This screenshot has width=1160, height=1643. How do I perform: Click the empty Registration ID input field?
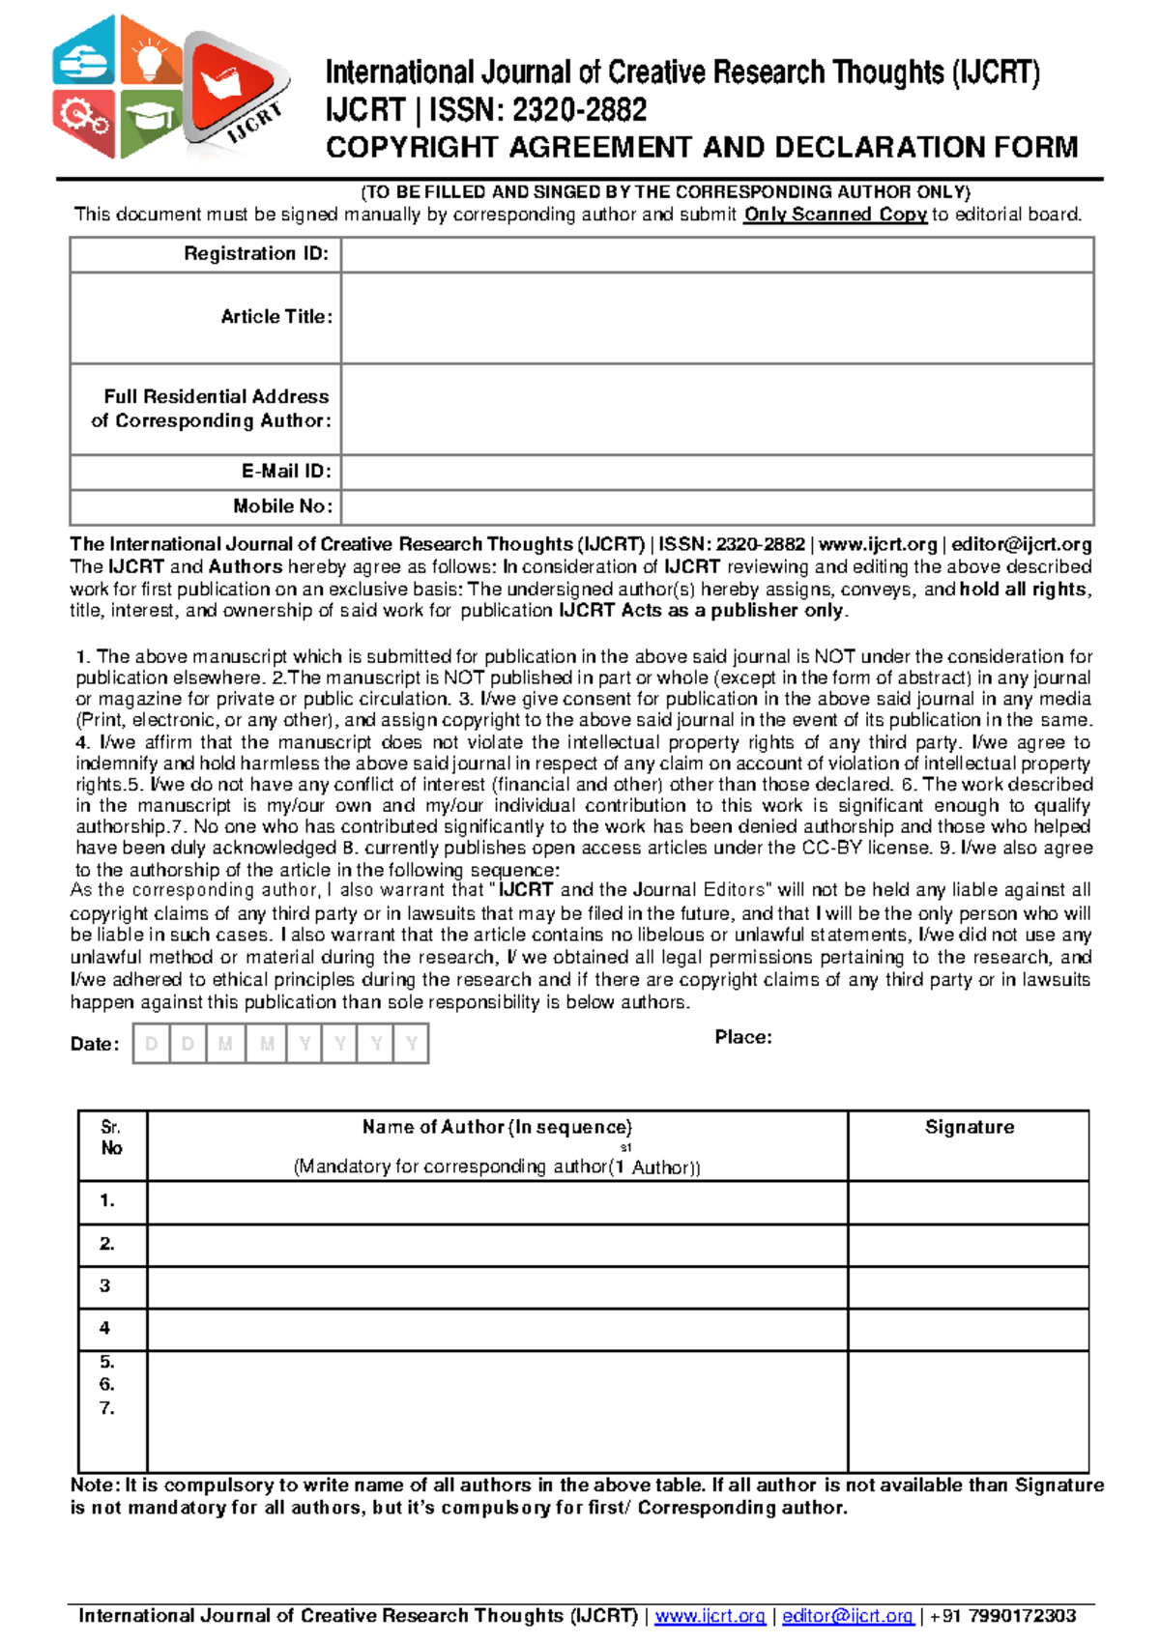[716, 255]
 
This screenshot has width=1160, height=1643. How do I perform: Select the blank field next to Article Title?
[716, 318]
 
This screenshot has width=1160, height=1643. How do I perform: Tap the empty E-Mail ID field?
[716, 472]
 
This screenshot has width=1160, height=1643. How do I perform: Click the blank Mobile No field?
[716, 506]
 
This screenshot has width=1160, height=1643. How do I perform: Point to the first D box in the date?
[151, 1044]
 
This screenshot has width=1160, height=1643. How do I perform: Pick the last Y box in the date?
[412, 1044]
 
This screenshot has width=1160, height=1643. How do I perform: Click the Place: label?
[743, 1037]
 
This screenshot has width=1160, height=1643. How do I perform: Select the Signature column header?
[969, 1127]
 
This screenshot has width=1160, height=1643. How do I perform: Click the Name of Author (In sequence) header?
[497, 1127]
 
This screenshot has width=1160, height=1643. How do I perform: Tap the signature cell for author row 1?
[969, 1202]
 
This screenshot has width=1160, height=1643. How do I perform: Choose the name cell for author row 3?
[497, 1287]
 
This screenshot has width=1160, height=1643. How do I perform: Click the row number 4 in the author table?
[105, 1329]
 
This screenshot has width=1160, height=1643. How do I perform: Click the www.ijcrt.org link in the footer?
[710, 1616]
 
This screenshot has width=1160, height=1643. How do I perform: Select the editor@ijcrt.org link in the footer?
[847, 1616]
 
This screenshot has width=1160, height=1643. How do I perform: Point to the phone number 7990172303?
[1022, 1616]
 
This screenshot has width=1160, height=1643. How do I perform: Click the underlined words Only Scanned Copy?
[834, 215]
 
